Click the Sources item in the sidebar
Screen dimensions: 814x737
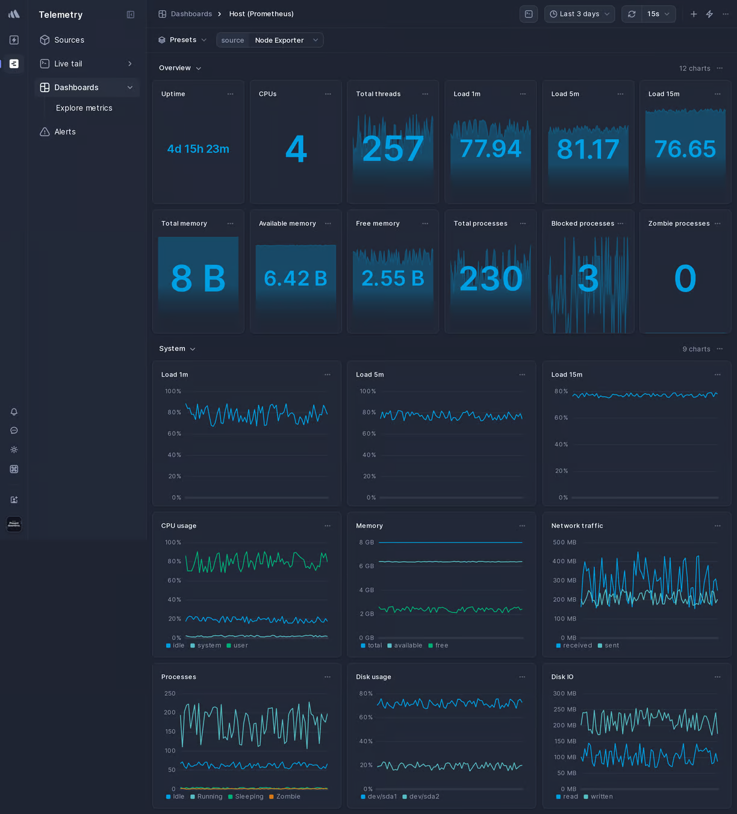click(x=69, y=40)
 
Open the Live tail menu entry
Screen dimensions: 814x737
click(x=68, y=64)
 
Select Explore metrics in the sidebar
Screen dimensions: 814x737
click(x=84, y=108)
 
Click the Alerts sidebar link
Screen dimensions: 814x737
click(x=64, y=132)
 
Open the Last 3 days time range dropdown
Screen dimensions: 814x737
click(x=579, y=14)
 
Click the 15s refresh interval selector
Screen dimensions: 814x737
click(x=658, y=14)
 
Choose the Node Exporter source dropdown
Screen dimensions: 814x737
click(x=286, y=40)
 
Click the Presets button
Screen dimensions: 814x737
click(x=182, y=40)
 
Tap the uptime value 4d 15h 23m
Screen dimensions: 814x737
click(x=198, y=149)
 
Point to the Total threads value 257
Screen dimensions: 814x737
click(x=393, y=149)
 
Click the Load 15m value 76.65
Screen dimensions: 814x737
click(x=685, y=149)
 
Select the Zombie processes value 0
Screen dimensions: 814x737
click(x=685, y=278)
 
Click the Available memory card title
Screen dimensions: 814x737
click(x=287, y=224)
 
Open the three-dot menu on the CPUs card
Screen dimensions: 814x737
click(x=328, y=94)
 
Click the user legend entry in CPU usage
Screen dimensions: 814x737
click(x=240, y=645)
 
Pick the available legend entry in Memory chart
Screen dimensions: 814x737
click(x=408, y=645)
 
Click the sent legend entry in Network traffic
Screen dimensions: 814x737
click(x=611, y=645)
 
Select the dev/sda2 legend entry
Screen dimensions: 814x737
click(x=424, y=797)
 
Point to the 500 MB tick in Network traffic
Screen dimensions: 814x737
click(x=564, y=542)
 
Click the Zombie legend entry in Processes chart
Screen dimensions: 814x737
click(x=288, y=797)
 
